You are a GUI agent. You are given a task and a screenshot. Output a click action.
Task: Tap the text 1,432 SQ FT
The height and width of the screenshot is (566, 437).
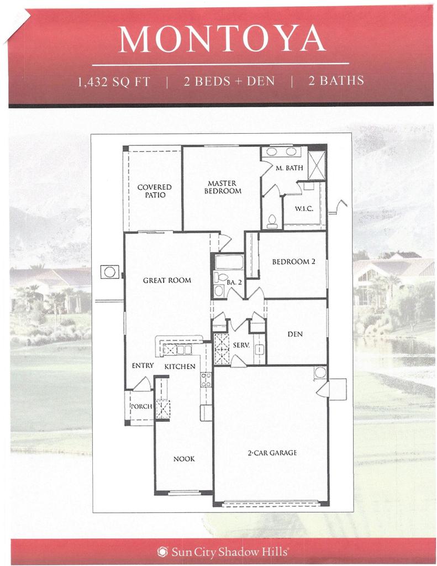(x=114, y=81)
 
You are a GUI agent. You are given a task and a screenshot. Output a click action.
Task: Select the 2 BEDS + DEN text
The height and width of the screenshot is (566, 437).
(x=229, y=81)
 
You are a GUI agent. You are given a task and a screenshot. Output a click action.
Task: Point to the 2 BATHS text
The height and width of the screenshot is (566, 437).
(x=336, y=81)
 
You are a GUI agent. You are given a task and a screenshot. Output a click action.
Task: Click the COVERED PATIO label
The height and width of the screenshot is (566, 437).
(x=154, y=191)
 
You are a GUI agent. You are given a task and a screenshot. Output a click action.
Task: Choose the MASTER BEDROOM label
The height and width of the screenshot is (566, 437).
(x=223, y=187)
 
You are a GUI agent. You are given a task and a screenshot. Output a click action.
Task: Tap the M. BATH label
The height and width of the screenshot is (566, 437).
(x=289, y=169)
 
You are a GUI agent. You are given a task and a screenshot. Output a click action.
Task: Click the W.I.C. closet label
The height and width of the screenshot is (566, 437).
(x=304, y=209)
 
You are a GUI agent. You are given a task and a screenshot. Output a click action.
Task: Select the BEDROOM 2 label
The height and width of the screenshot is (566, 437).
(x=293, y=262)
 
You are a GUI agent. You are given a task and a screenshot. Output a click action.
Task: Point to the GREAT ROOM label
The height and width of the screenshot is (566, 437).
(x=167, y=280)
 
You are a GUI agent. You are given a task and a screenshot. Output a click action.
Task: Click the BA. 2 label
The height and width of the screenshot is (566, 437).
(x=234, y=282)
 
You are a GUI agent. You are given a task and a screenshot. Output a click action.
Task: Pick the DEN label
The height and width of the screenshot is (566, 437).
(x=294, y=334)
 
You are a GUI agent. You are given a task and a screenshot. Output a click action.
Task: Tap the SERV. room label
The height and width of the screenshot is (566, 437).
(x=240, y=344)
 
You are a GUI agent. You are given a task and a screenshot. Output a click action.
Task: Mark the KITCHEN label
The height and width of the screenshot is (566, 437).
(x=180, y=366)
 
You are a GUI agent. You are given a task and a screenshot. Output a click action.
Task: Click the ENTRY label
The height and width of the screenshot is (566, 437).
(x=142, y=366)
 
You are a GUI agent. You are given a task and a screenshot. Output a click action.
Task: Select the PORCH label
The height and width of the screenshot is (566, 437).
(x=140, y=407)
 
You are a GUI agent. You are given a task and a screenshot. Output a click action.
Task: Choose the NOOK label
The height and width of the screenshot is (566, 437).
(x=184, y=459)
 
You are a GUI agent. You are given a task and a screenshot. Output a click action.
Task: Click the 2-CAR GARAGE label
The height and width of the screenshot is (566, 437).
(x=272, y=453)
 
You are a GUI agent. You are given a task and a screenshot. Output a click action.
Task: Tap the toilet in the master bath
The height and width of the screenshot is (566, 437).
(x=271, y=221)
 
